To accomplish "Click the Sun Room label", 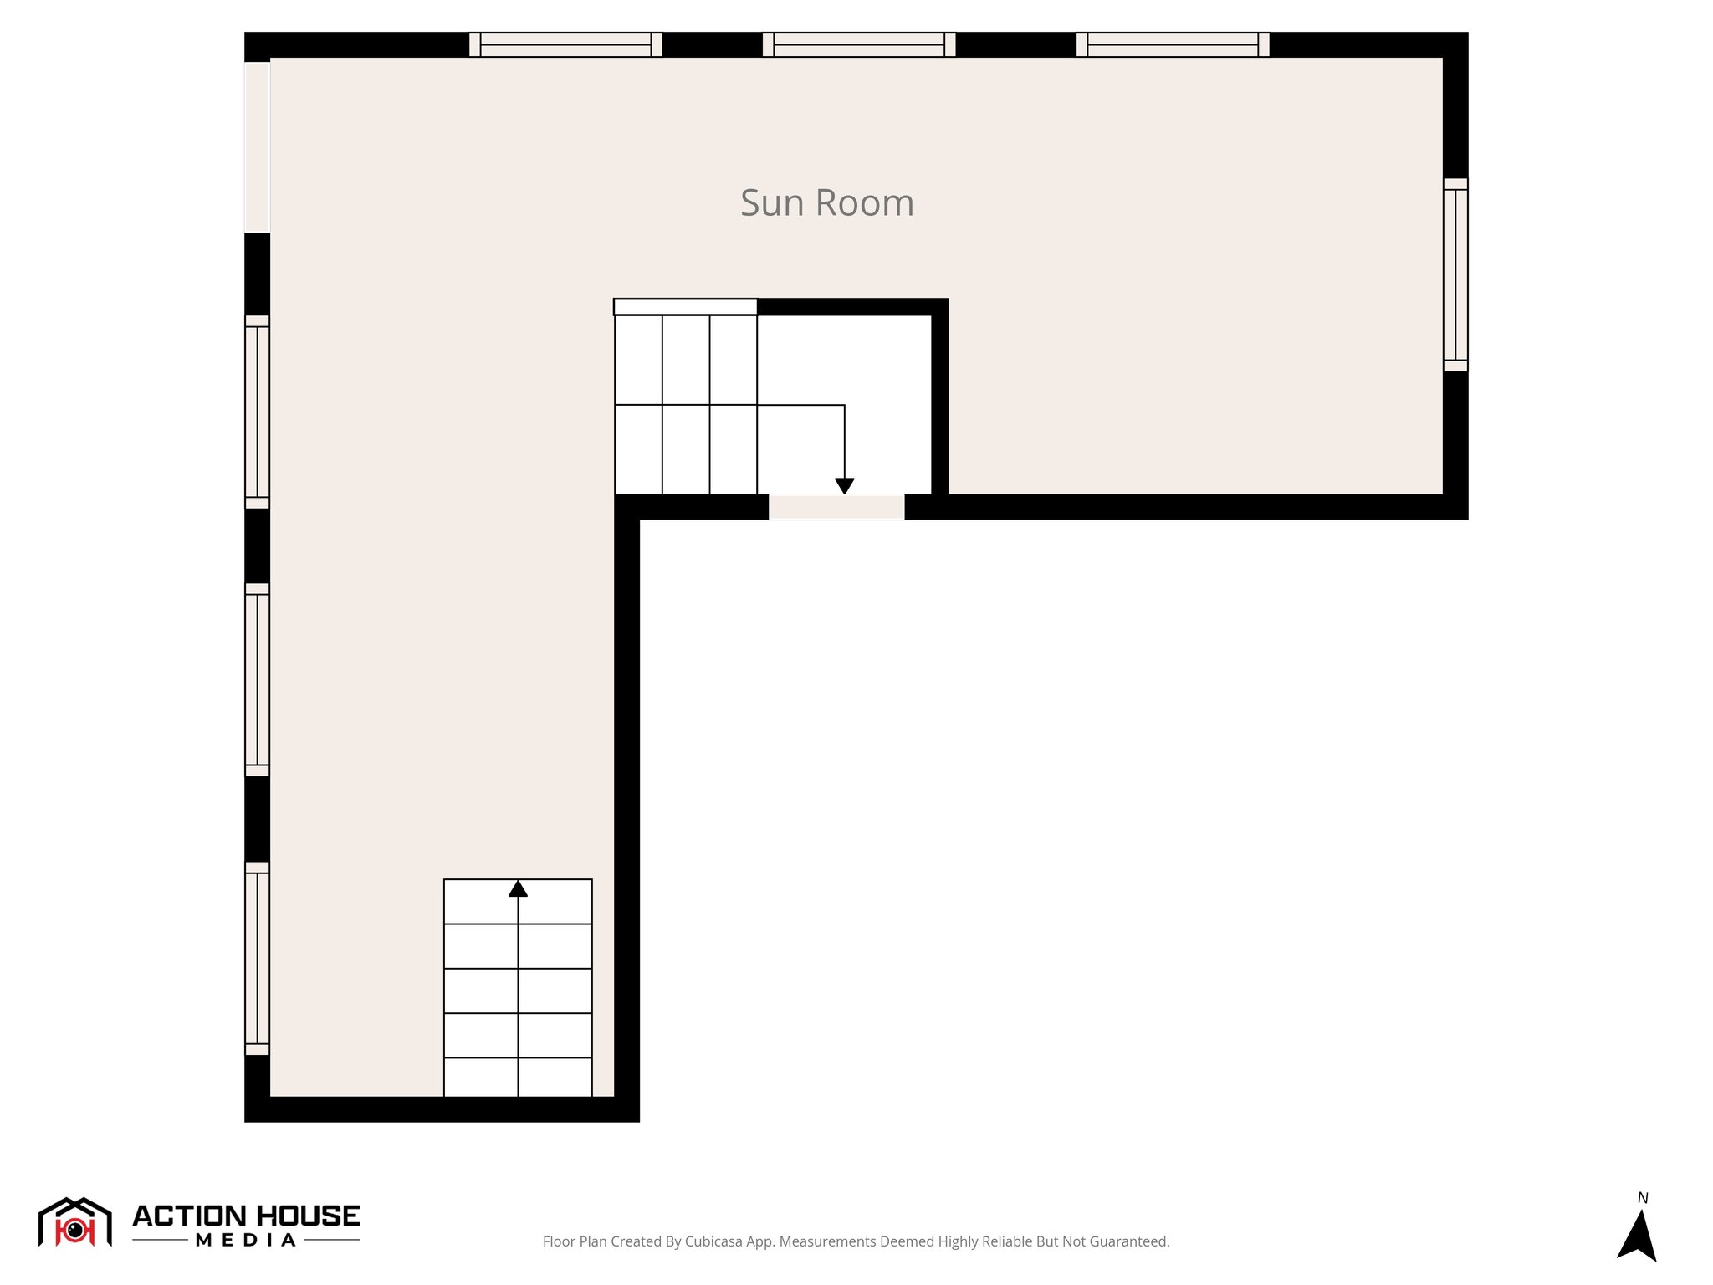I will click(826, 203).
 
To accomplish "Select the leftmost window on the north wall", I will click(565, 44).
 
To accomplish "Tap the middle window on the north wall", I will click(859, 44).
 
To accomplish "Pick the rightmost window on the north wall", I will click(1173, 44).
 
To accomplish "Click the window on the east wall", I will click(1455, 274).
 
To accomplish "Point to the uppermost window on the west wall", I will click(257, 412).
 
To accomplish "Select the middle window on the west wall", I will click(257, 679).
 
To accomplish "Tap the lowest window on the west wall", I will click(257, 958).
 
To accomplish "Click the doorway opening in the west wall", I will click(257, 147).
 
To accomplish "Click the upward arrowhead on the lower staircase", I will click(519, 888).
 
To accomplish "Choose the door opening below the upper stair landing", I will click(836, 507).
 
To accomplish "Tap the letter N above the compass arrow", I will click(1643, 1198).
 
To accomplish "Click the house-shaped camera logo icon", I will click(75, 1222).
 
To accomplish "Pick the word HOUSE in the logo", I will click(307, 1216).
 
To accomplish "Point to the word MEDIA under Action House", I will click(246, 1241).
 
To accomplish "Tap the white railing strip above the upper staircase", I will click(685, 307).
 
